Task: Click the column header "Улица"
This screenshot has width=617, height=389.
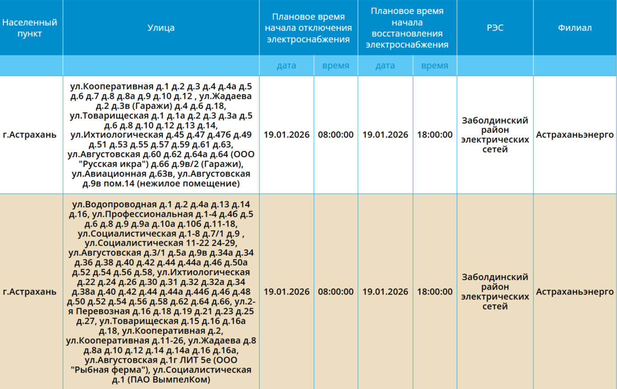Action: (x=161, y=28)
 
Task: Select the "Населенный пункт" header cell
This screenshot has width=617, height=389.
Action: (x=30, y=28)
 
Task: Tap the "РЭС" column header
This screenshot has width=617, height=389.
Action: (x=495, y=28)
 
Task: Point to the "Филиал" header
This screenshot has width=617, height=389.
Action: (x=575, y=28)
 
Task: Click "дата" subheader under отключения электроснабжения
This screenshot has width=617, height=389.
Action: (x=287, y=66)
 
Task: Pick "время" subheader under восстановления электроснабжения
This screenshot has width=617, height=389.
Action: (x=434, y=66)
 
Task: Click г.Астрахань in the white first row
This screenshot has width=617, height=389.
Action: (x=30, y=135)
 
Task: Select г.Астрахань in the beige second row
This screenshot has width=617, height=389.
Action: (x=30, y=292)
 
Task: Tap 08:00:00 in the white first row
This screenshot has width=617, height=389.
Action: (x=336, y=135)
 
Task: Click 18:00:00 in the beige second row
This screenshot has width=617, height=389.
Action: (x=434, y=292)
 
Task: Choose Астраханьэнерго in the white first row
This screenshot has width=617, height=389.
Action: (x=575, y=135)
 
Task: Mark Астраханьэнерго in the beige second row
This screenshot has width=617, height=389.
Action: (x=575, y=292)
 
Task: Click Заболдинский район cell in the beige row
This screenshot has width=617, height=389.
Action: (x=495, y=291)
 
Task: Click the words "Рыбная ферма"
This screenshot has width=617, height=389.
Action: (x=108, y=370)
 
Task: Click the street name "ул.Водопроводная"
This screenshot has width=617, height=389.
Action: (x=108, y=204)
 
